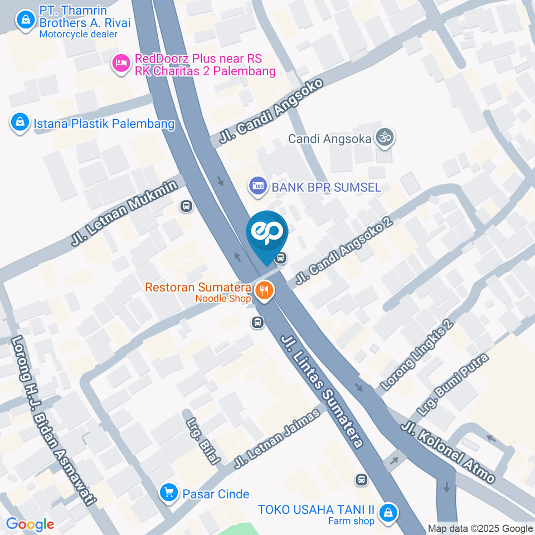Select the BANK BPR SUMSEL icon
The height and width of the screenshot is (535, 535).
click(x=257, y=187)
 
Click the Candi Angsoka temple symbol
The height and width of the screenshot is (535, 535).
click(x=384, y=137)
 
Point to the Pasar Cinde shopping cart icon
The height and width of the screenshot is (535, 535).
click(x=168, y=493)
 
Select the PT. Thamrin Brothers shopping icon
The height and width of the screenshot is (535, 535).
click(x=25, y=21)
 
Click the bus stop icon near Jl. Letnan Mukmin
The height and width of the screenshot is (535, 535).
click(x=186, y=206)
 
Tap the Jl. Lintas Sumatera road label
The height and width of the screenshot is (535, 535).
click(x=322, y=391)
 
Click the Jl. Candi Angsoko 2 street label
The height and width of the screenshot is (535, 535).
click(x=344, y=251)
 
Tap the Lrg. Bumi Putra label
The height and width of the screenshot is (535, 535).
click(x=454, y=384)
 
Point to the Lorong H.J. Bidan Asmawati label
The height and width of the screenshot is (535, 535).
click(x=51, y=421)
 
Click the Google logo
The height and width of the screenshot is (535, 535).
click(x=30, y=524)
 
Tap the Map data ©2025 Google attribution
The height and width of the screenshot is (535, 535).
click(x=480, y=528)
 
